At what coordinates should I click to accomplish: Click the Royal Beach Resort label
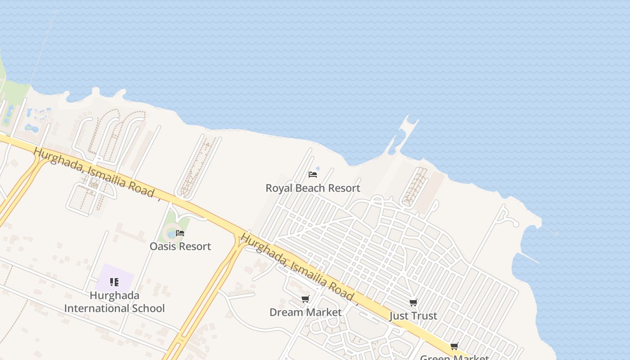coord(313,188)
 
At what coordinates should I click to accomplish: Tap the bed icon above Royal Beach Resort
coord(313,174)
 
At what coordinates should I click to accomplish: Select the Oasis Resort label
coord(180,247)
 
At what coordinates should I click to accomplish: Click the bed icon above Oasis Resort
coord(180,233)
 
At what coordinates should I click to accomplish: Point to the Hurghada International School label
coord(114,302)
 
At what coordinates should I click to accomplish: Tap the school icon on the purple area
coord(114,282)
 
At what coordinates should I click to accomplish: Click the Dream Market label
coord(306,312)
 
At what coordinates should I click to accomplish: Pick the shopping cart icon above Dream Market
coord(306,299)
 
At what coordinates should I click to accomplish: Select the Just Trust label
coord(413,316)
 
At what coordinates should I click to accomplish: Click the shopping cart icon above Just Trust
coord(414,302)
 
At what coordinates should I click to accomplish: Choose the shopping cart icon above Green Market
coord(454,346)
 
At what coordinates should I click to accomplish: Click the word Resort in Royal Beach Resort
coord(344,188)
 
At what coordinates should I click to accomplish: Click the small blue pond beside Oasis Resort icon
coord(171,234)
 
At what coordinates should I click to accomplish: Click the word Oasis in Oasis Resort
coord(162,247)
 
